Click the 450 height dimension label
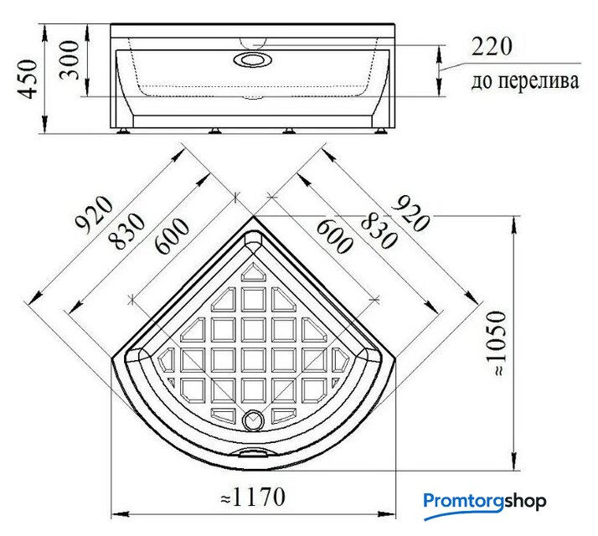pos(28,79)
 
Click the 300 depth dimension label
pos(69,60)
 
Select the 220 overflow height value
pos(492,47)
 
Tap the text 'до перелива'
pos(525,81)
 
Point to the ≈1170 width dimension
pos(253,497)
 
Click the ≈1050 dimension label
pos(499,343)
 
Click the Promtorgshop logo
pos(484,504)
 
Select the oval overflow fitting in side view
pos(252,60)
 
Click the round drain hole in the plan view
pos(253,420)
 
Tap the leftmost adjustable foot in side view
pos(123,131)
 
